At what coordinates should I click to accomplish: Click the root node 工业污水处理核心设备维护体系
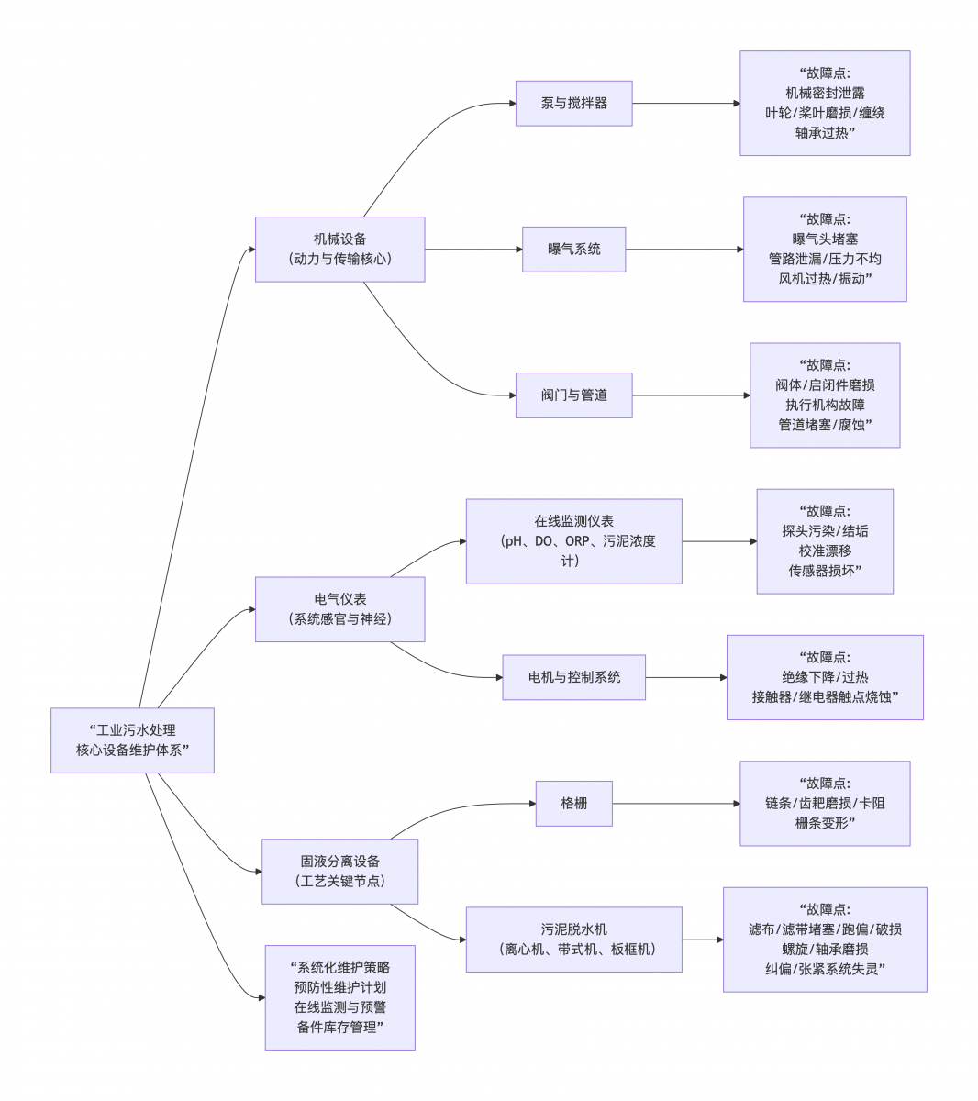tap(132, 740)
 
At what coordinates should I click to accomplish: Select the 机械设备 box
tap(339, 249)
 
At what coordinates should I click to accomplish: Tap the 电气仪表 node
tap(339, 609)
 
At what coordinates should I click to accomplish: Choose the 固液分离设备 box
tap(339, 871)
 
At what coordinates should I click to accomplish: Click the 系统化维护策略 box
tap(339, 997)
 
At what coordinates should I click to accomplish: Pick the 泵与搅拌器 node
tap(573, 104)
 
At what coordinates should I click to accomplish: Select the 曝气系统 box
tap(573, 249)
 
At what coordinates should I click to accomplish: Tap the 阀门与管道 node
tap(573, 395)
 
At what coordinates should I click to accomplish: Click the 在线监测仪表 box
tap(573, 541)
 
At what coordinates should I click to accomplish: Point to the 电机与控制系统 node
tap(573, 677)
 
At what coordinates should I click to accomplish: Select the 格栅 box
tap(573, 803)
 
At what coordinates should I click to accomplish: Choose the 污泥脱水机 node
tap(573, 940)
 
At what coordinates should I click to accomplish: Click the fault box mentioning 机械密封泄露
tap(825, 103)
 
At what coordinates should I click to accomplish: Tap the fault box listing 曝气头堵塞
tap(825, 249)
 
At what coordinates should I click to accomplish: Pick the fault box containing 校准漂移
tap(825, 541)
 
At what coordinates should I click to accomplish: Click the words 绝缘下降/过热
tap(825, 677)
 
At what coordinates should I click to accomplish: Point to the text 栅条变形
tap(825, 823)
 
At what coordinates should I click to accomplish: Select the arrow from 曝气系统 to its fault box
tap(683, 249)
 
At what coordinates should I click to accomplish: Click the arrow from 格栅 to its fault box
tap(675, 804)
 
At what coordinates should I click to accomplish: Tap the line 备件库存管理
tap(339, 1028)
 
